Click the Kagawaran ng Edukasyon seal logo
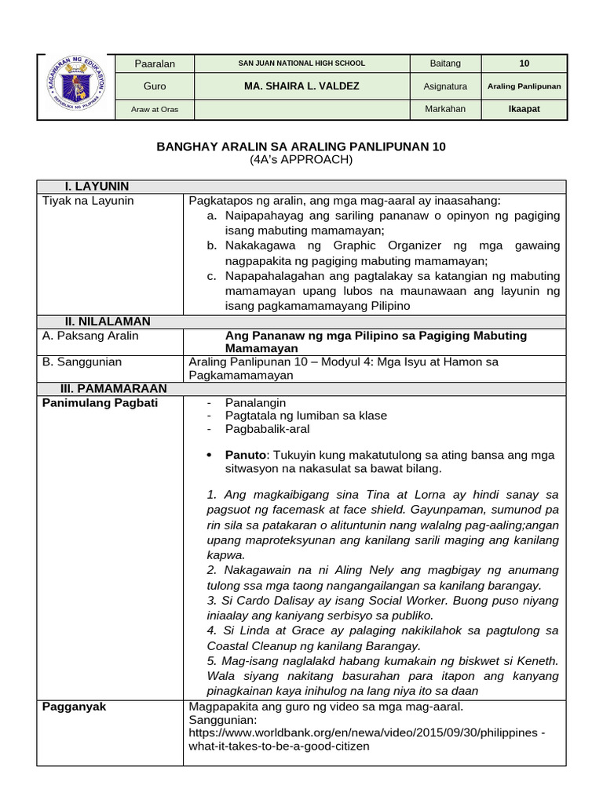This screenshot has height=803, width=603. [75, 85]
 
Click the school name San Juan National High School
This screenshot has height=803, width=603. [301, 64]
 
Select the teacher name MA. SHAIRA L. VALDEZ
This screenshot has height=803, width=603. [301, 86]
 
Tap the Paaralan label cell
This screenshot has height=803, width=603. [155, 64]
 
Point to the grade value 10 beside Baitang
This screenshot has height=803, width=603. [524, 64]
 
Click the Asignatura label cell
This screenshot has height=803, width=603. [445, 86]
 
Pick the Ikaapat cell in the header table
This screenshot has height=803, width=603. [524, 109]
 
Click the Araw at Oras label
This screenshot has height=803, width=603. [155, 109]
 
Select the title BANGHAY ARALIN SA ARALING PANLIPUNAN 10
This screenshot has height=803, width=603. [301, 147]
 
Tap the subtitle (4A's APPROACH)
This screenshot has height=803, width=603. [301, 160]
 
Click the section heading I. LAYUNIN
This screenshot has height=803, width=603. [97, 187]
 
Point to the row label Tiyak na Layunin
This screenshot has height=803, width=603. [88, 201]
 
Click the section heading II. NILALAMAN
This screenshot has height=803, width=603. [108, 322]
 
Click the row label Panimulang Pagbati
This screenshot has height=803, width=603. [100, 402]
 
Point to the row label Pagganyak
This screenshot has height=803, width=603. [74, 707]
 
